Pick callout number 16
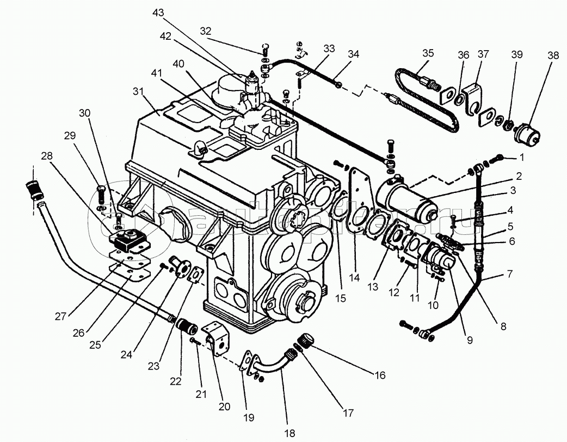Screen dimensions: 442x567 pyautogui.click(x=380, y=375)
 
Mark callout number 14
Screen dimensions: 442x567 pyautogui.click(x=355, y=277)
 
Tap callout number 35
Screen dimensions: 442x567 pyautogui.click(x=428, y=53)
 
